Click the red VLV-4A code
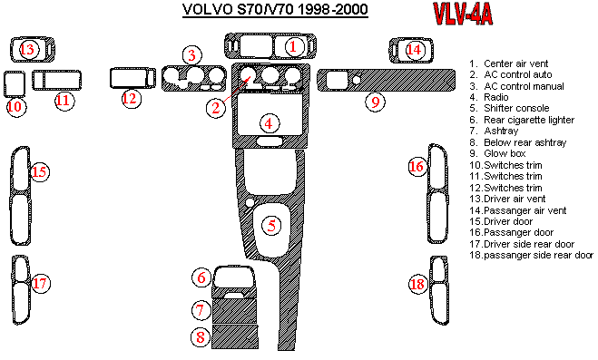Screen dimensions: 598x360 point(463,15)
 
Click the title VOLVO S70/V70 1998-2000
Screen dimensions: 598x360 point(275,9)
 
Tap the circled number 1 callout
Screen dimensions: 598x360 point(293,46)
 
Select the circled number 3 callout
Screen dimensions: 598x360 point(191,55)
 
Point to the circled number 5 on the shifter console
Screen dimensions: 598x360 point(271,225)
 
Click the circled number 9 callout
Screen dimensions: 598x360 point(376,102)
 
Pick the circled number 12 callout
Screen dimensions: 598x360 point(130,99)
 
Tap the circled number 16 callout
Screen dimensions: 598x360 point(417,167)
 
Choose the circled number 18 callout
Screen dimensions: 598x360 point(417,284)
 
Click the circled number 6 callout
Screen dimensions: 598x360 point(201,277)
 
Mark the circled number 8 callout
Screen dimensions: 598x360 point(201,337)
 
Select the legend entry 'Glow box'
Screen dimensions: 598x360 point(505,153)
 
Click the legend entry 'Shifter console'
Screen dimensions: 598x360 point(516,108)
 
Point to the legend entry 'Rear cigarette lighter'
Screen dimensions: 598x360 point(529,120)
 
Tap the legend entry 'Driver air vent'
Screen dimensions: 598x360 point(515,199)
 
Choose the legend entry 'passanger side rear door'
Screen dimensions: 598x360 point(538,255)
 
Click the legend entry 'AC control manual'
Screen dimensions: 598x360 point(524,86)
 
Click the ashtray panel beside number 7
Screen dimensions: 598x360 point(234,311)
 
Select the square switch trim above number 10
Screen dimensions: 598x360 point(15,83)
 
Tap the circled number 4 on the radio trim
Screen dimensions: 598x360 point(269,123)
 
